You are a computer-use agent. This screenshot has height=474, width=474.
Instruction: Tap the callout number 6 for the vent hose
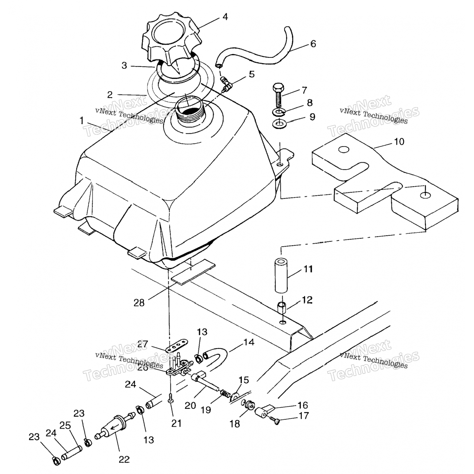[x=313, y=44]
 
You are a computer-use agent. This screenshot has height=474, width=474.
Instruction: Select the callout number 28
[x=139, y=303]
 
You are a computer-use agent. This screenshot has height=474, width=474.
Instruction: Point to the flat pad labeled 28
[x=193, y=272]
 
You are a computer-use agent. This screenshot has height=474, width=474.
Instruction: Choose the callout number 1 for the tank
[x=82, y=120]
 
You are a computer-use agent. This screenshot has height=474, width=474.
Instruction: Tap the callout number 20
[x=190, y=405]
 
